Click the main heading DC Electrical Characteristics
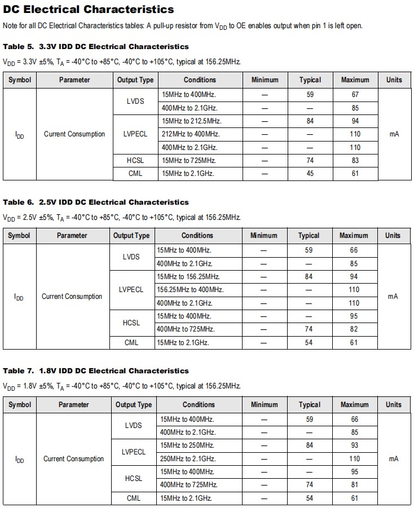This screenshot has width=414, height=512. click(89, 10)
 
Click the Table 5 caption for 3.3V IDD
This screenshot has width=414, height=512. click(96, 46)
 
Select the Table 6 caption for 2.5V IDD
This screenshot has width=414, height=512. click(96, 202)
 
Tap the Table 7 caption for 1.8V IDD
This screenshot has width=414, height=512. click(96, 370)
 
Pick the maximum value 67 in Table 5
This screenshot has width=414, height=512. click(355, 95)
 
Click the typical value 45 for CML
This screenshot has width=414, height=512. click(310, 174)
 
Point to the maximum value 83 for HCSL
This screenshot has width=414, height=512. click(355, 161)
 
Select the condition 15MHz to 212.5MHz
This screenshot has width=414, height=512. click(191, 121)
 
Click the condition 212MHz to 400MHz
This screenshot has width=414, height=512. click(191, 134)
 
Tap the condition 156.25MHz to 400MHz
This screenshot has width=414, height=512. click(190, 290)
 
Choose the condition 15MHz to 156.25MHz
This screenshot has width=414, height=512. click(188, 277)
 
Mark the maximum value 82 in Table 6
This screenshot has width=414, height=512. click(354, 329)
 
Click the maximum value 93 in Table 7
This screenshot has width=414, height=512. click(354, 445)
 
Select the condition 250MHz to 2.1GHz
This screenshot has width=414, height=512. click(188, 459)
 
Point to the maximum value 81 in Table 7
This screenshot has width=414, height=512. click(354, 485)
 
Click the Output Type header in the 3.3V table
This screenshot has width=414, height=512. click(135, 80)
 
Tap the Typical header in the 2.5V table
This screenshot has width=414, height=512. click(309, 236)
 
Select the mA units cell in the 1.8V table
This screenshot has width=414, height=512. click(393, 459)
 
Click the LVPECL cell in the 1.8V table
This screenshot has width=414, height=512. click(134, 452)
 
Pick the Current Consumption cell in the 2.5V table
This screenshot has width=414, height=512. click(72, 297)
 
